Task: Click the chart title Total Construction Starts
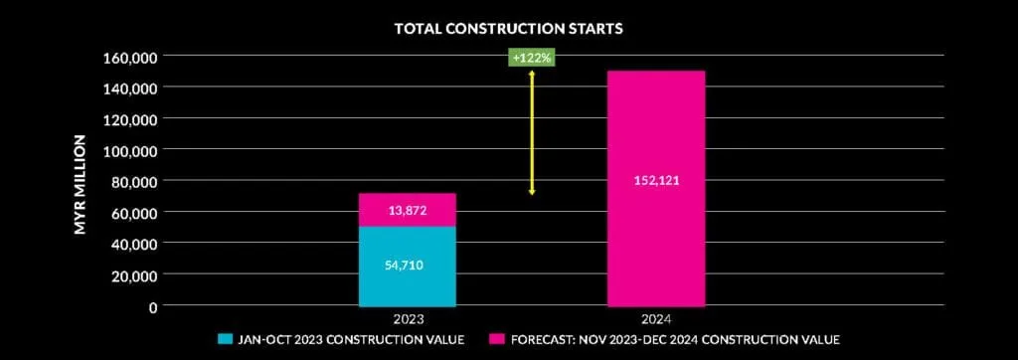(x=508, y=28)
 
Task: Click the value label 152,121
(x=656, y=181)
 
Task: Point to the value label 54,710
(x=408, y=266)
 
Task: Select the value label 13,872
(x=408, y=211)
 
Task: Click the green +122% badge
(x=532, y=58)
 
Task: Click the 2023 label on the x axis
(x=408, y=319)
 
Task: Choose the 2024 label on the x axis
(x=656, y=319)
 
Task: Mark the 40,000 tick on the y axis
(x=136, y=244)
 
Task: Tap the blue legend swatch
(x=225, y=339)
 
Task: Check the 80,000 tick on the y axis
(x=136, y=181)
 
